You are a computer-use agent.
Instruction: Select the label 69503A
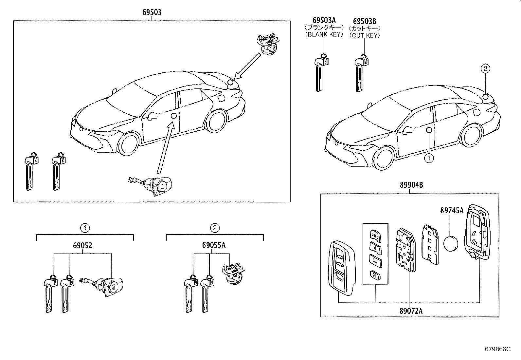coord(324,21)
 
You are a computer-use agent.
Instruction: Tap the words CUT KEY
coord(365,35)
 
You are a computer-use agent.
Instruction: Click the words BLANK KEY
coord(324,34)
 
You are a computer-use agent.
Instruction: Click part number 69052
coord(82,245)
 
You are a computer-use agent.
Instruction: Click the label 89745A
coord(452,211)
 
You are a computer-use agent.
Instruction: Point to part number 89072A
coord(411,311)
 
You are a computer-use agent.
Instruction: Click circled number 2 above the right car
coord(485,68)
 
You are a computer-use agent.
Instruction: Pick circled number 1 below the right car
coord(428,159)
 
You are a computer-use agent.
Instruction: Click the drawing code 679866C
coord(497,349)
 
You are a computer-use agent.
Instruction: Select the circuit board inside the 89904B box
coord(405,250)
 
